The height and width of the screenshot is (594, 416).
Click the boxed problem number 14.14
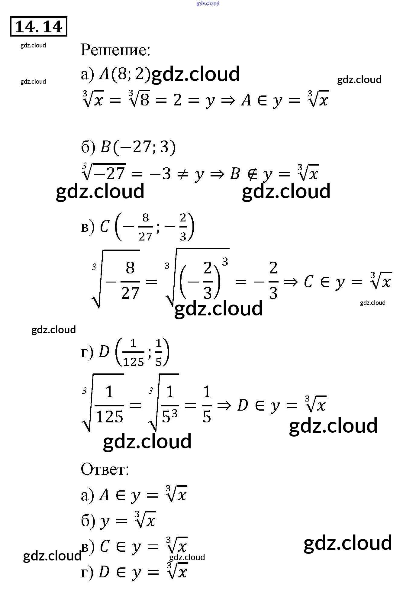(x=38, y=27)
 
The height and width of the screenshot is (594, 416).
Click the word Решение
(x=115, y=50)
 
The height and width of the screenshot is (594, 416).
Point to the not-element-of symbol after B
(x=253, y=174)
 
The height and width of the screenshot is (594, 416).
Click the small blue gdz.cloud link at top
(x=208, y=3)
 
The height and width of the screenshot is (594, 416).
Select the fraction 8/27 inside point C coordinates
(x=145, y=227)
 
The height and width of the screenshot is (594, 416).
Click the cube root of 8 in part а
(x=139, y=99)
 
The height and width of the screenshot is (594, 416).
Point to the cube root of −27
(x=104, y=173)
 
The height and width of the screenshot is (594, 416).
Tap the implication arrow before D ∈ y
(x=224, y=405)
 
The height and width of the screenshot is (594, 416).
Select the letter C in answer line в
(x=105, y=547)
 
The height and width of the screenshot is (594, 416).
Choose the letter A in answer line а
(x=104, y=495)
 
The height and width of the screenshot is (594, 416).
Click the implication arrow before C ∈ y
(x=291, y=282)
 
